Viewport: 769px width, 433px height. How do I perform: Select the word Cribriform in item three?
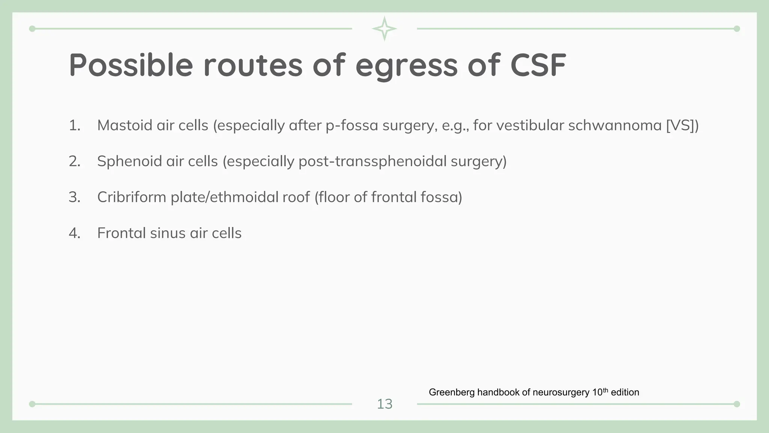(131, 197)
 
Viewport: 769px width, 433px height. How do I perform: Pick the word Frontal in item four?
(121, 233)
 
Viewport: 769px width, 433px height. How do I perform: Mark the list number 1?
(74, 125)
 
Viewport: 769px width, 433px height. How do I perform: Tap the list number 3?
(74, 197)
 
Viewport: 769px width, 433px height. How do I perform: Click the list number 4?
(74, 233)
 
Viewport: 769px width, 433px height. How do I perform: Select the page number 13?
(384, 404)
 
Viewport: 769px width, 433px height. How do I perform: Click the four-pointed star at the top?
(384, 29)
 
